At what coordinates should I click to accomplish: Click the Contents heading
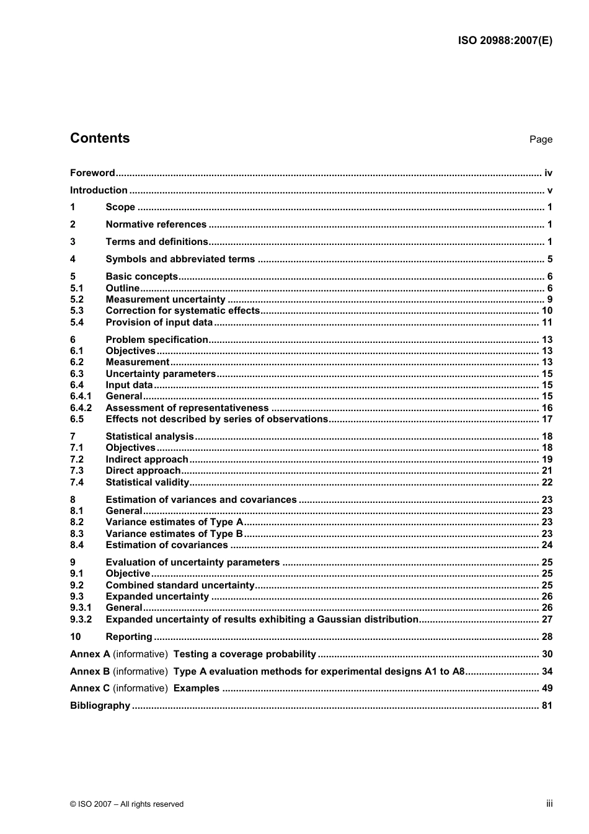tap(100, 138)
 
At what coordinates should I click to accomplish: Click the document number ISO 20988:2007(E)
tap(505, 41)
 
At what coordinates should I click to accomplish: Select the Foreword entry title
tap(92, 173)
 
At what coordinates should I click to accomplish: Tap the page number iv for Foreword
tap(548, 173)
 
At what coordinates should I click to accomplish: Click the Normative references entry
tap(156, 224)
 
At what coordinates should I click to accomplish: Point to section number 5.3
tap(77, 311)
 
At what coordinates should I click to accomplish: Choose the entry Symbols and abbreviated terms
tap(180, 259)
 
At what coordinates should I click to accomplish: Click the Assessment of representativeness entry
tap(187, 408)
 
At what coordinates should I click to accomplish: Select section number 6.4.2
tap(81, 408)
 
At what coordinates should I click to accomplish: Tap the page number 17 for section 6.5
tap(547, 419)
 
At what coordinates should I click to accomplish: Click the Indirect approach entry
tap(146, 459)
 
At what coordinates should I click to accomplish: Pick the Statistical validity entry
tap(147, 482)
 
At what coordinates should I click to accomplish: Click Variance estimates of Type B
tap(174, 534)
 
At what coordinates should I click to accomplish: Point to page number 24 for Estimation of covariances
tap(547, 545)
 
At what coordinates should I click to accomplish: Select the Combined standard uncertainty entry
tap(180, 585)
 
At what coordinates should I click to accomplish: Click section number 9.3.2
tap(81, 619)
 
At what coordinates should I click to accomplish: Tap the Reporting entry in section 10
tap(128, 637)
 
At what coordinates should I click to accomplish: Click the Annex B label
tap(90, 672)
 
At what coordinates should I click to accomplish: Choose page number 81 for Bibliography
tap(547, 706)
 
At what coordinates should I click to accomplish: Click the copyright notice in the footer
tap(126, 804)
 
